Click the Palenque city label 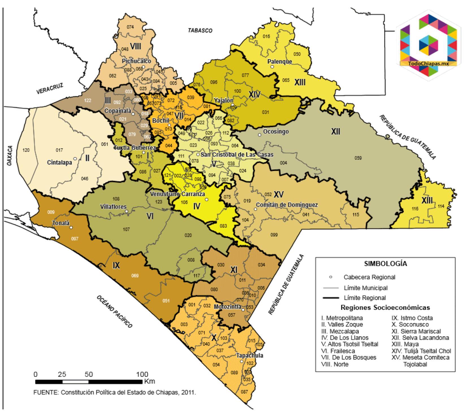click(280, 62)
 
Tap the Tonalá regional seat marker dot click(71, 228)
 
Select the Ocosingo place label click(276, 132)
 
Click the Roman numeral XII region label click(335, 132)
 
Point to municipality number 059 click(358, 158)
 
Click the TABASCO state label click(200, 30)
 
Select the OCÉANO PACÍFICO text click(114, 312)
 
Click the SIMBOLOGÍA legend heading click(386, 264)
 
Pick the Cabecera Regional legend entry click(369, 277)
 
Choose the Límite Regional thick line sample click(330, 298)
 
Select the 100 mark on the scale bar click(140, 375)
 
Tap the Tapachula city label click(250, 355)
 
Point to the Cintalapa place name click(59, 163)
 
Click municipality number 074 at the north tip click(130, 27)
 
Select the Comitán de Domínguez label click(287, 205)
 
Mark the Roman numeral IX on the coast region click(116, 265)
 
